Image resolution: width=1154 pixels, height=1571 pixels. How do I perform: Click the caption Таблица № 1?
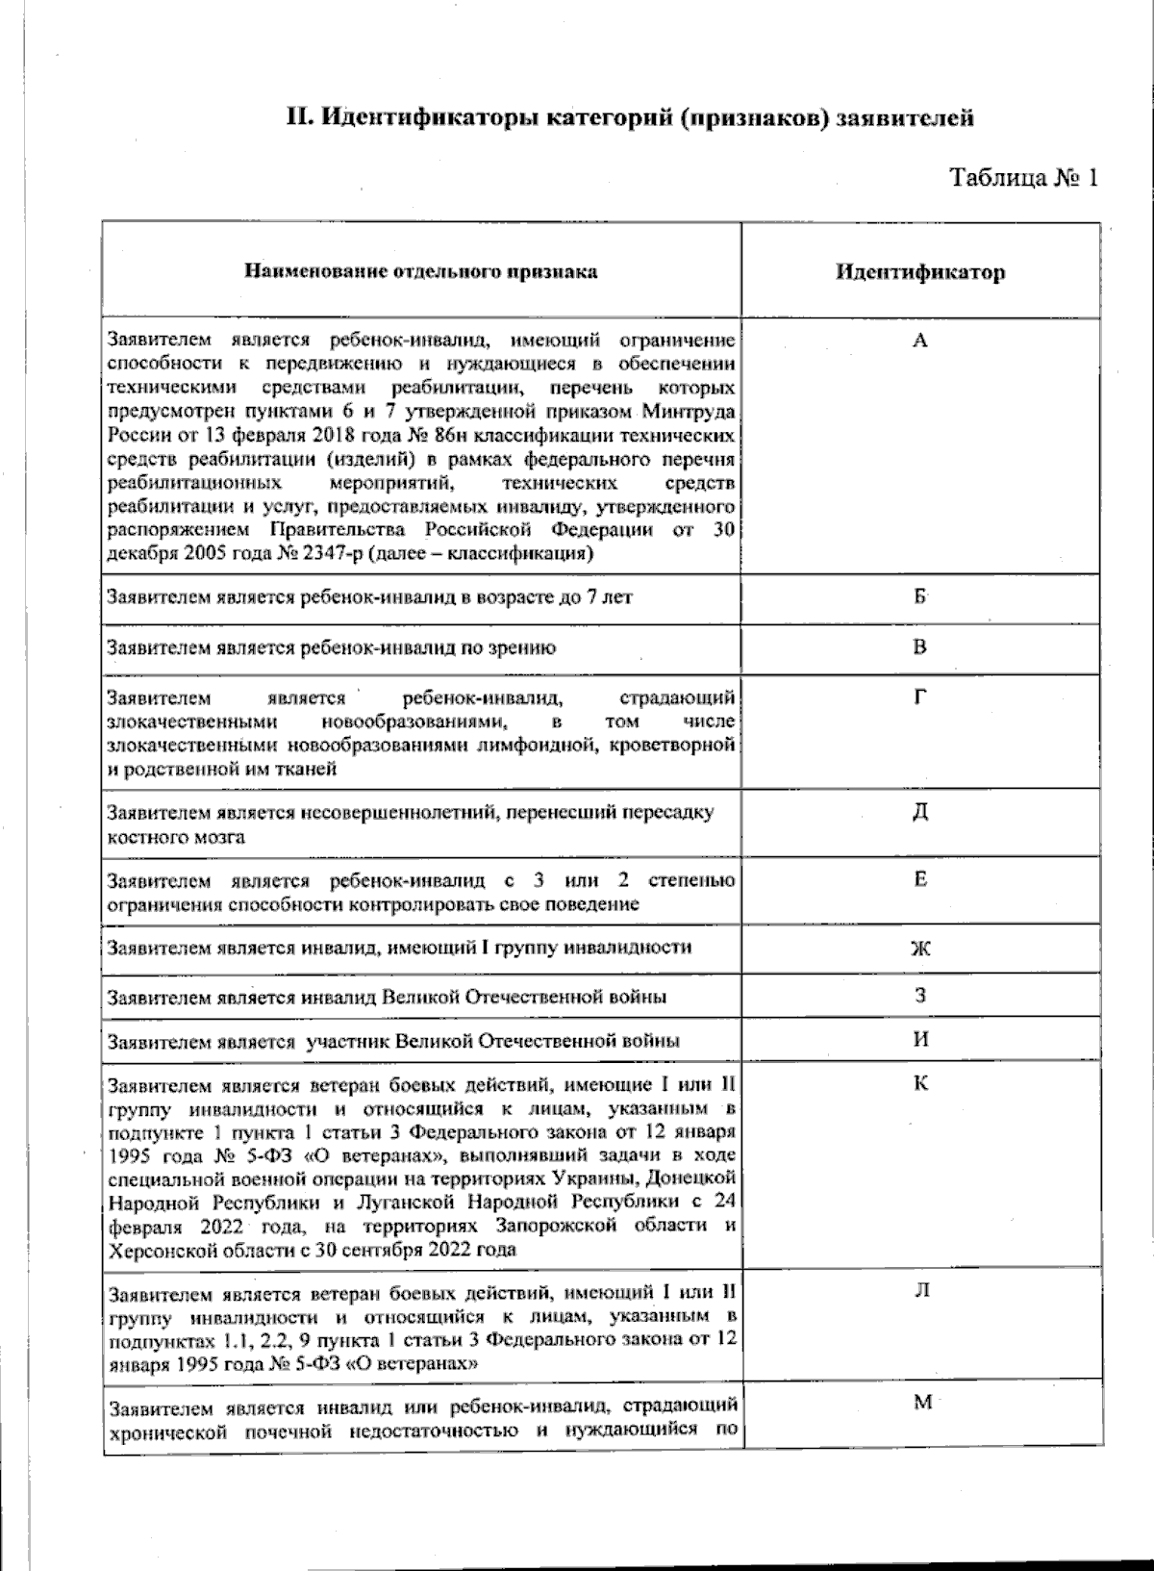[x=1023, y=178]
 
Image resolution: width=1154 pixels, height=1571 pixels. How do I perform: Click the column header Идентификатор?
[x=919, y=272]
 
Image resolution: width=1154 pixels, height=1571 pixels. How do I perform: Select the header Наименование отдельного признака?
[x=420, y=271]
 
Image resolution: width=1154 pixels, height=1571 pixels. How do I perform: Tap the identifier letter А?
[x=919, y=341]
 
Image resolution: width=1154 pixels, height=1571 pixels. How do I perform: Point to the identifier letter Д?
[x=919, y=812]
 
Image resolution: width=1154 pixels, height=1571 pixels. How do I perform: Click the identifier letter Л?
[x=920, y=1291]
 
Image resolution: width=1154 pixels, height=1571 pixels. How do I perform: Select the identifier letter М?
[x=921, y=1403]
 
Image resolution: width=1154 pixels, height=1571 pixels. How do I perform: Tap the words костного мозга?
[x=176, y=837]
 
